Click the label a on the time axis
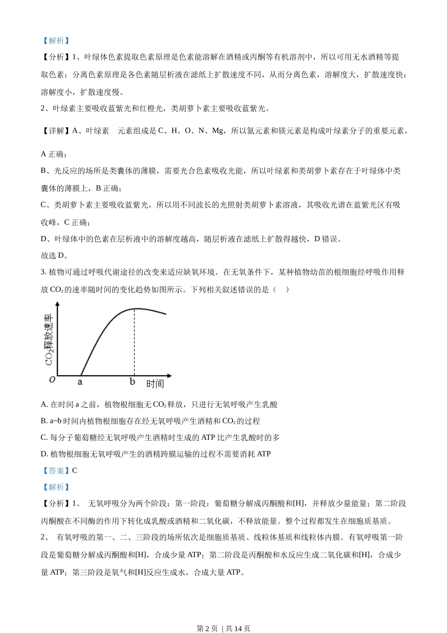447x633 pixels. [x=80, y=382]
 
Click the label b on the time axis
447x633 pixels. [x=132, y=381]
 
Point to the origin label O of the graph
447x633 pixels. [x=52, y=380]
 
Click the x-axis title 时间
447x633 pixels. [x=155, y=384]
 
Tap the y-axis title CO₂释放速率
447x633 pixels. [x=49, y=340]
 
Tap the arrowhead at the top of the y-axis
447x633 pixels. [x=58, y=304]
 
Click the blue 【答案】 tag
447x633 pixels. [x=56, y=471]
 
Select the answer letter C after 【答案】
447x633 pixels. [x=75, y=471]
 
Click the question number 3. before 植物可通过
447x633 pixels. [x=44, y=272]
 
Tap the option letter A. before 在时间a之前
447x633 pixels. [x=45, y=405]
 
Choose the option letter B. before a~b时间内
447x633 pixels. [x=44, y=421]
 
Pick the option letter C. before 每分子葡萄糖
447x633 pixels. [x=44, y=438]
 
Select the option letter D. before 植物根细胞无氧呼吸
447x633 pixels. [x=45, y=454]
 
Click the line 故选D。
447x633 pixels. [x=55, y=256]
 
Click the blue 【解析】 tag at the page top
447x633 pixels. [x=56, y=41]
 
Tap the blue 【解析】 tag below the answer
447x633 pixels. [x=56, y=487]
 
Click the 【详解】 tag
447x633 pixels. [x=56, y=131]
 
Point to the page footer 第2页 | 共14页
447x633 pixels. [x=223, y=628]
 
